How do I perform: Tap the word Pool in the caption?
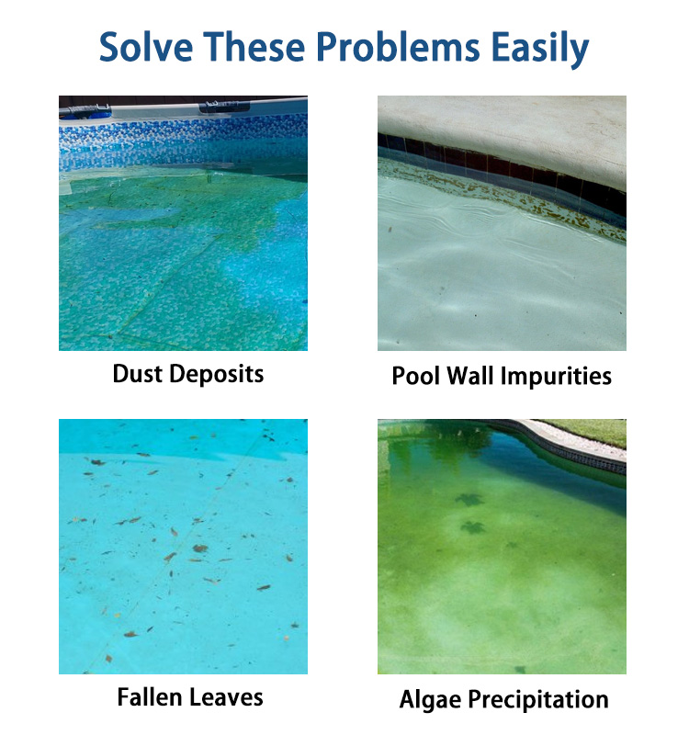(417, 376)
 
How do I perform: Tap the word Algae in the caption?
(433, 699)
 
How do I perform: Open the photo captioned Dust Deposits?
(183, 222)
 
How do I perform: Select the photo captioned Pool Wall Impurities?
(502, 222)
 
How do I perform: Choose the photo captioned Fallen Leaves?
(183, 546)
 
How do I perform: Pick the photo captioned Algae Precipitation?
(502, 546)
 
